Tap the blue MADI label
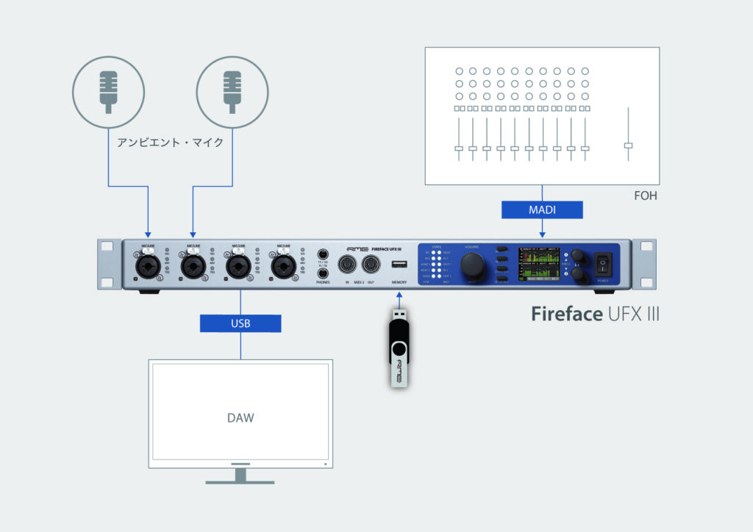tap(541, 209)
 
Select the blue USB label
tap(240, 323)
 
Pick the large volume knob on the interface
tap(472, 265)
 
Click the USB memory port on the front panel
tap(399, 265)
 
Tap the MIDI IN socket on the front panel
tap(346, 264)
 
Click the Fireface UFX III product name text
tap(595, 314)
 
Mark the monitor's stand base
tap(240, 481)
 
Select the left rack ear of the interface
tap(109, 265)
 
